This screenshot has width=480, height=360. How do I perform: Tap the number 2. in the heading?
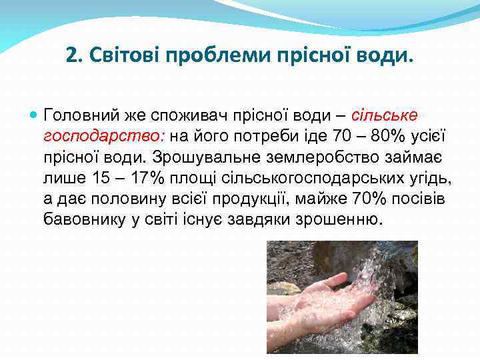75,53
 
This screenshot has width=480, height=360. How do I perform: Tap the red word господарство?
105,137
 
